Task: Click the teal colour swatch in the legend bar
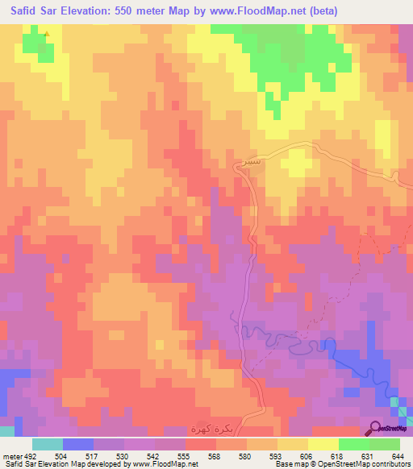click(x=48, y=444)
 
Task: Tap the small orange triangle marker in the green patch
click(x=47, y=34)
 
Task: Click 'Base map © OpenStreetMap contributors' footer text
click(x=340, y=463)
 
